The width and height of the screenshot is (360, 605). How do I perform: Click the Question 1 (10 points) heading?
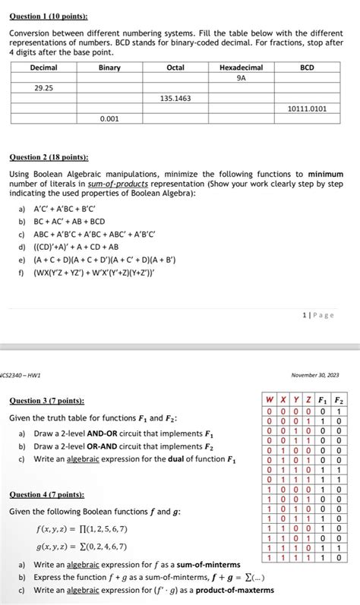(48, 15)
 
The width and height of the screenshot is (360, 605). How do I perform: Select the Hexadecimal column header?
(241, 68)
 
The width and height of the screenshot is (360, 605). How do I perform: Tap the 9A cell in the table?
(241, 77)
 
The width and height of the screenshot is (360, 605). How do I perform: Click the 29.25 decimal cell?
(43, 88)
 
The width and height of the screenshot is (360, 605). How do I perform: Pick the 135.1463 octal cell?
(175, 99)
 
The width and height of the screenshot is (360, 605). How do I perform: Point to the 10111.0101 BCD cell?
(307, 109)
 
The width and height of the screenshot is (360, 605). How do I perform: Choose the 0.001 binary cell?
(109, 119)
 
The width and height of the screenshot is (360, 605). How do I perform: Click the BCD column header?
(307, 68)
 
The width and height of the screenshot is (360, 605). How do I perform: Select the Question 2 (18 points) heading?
(48, 158)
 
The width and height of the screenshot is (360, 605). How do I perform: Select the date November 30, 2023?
(317, 374)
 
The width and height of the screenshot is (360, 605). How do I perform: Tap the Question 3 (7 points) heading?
(47, 400)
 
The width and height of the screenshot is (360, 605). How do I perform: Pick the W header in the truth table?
(269, 400)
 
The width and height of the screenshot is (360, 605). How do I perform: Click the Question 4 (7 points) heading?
(47, 494)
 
